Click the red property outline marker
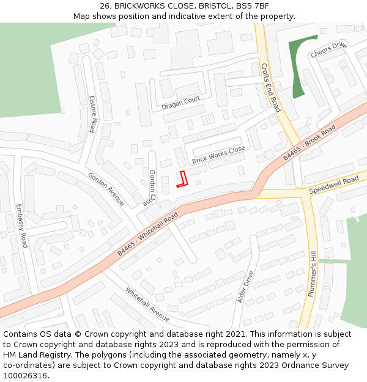point(182,178)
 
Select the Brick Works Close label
point(218,155)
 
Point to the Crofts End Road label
point(270,87)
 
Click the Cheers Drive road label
point(328,50)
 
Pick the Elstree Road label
point(93,114)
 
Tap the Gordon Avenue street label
point(106,189)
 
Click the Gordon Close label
point(151,186)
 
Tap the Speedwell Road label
point(333,184)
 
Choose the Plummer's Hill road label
point(313,274)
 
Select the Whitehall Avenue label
point(147,303)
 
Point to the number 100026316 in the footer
point(26,376)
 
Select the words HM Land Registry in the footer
point(36,355)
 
